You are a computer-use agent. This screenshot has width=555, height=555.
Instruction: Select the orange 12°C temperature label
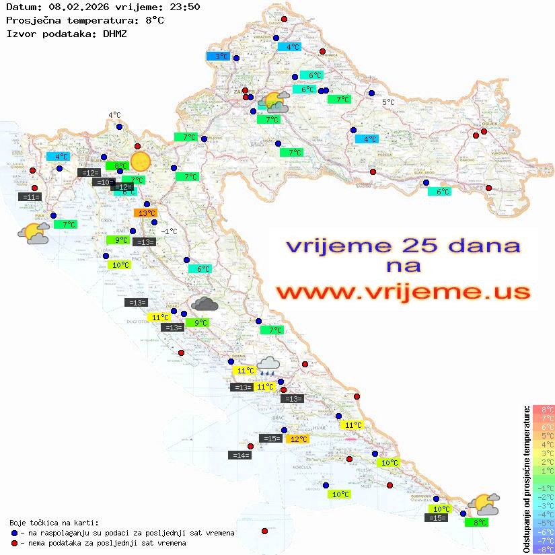click(x=297, y=439)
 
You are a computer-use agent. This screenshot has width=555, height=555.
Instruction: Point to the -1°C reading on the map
click(x=170, y=231)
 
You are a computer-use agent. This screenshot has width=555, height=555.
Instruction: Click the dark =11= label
click(x=31, y=197)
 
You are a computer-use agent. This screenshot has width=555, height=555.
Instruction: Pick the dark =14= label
click(x=240, y=455)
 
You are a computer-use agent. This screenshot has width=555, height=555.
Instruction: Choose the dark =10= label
click(x=103, y=182)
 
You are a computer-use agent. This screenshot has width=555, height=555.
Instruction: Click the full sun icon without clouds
click(x=141, y=161)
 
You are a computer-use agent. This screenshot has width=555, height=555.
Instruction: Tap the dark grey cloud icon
click(x=205, y=304)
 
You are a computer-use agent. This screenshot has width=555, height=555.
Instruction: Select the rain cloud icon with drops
click(x=268, y=365)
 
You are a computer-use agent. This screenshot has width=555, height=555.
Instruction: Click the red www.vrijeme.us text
click(x=403, y=292)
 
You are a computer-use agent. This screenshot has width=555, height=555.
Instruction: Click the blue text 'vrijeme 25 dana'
click(x=403, y=246)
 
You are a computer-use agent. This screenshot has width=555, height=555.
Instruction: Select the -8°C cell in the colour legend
click(x=544, y=550)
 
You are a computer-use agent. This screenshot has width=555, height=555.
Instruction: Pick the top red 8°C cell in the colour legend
click(x=544, y=409)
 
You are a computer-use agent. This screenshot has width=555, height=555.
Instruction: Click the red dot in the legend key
click(x=14, y=543)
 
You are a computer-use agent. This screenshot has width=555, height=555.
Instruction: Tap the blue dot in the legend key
click(x=14, y=533)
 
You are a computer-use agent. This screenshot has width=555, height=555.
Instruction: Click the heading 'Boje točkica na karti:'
click(x=54, y=523)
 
